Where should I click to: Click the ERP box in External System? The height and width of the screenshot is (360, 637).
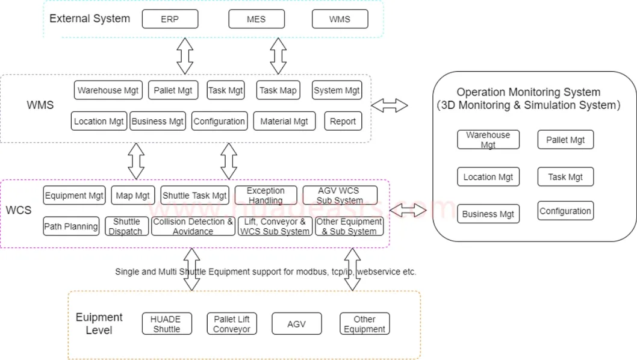click(x=170, y=19)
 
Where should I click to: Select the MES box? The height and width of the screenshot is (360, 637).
click(x=256, y=19)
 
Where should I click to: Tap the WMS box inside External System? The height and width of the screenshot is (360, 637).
click(x=340, y=19)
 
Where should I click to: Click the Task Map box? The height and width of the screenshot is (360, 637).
click(x=278, y=90)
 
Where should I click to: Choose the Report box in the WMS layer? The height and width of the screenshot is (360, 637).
click(x=343, y=121)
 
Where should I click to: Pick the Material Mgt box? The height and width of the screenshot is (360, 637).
click(x=284, y=121)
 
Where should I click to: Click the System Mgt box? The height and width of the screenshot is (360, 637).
click(x=337, y=90)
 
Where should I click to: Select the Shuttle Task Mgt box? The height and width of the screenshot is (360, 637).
click(x=195, y=195)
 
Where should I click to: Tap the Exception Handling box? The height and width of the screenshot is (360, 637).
click(x=266, y=195)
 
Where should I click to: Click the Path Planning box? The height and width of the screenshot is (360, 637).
click(x=71, y=226)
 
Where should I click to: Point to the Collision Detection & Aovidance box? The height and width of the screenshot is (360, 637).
click(x=193, y=226)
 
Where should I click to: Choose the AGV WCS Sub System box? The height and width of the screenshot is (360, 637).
click(x=340, y=195)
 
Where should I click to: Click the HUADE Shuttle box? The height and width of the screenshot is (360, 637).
click(x=167, y=324)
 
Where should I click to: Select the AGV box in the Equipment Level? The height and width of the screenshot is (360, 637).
click(x=296, y=324)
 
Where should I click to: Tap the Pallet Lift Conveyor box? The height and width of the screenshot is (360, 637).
click(x=232, y=324)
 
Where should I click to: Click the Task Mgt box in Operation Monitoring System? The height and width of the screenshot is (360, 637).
click(x=565, y=177)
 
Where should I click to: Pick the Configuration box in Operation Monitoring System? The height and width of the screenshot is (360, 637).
click(x=565, y=211)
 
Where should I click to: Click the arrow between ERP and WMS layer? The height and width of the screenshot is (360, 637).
click(x=185, y=55)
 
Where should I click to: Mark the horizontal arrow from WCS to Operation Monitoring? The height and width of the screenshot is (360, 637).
click(x=408, y=211)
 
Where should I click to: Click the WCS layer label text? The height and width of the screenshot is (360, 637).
click(x=19, y=211)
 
